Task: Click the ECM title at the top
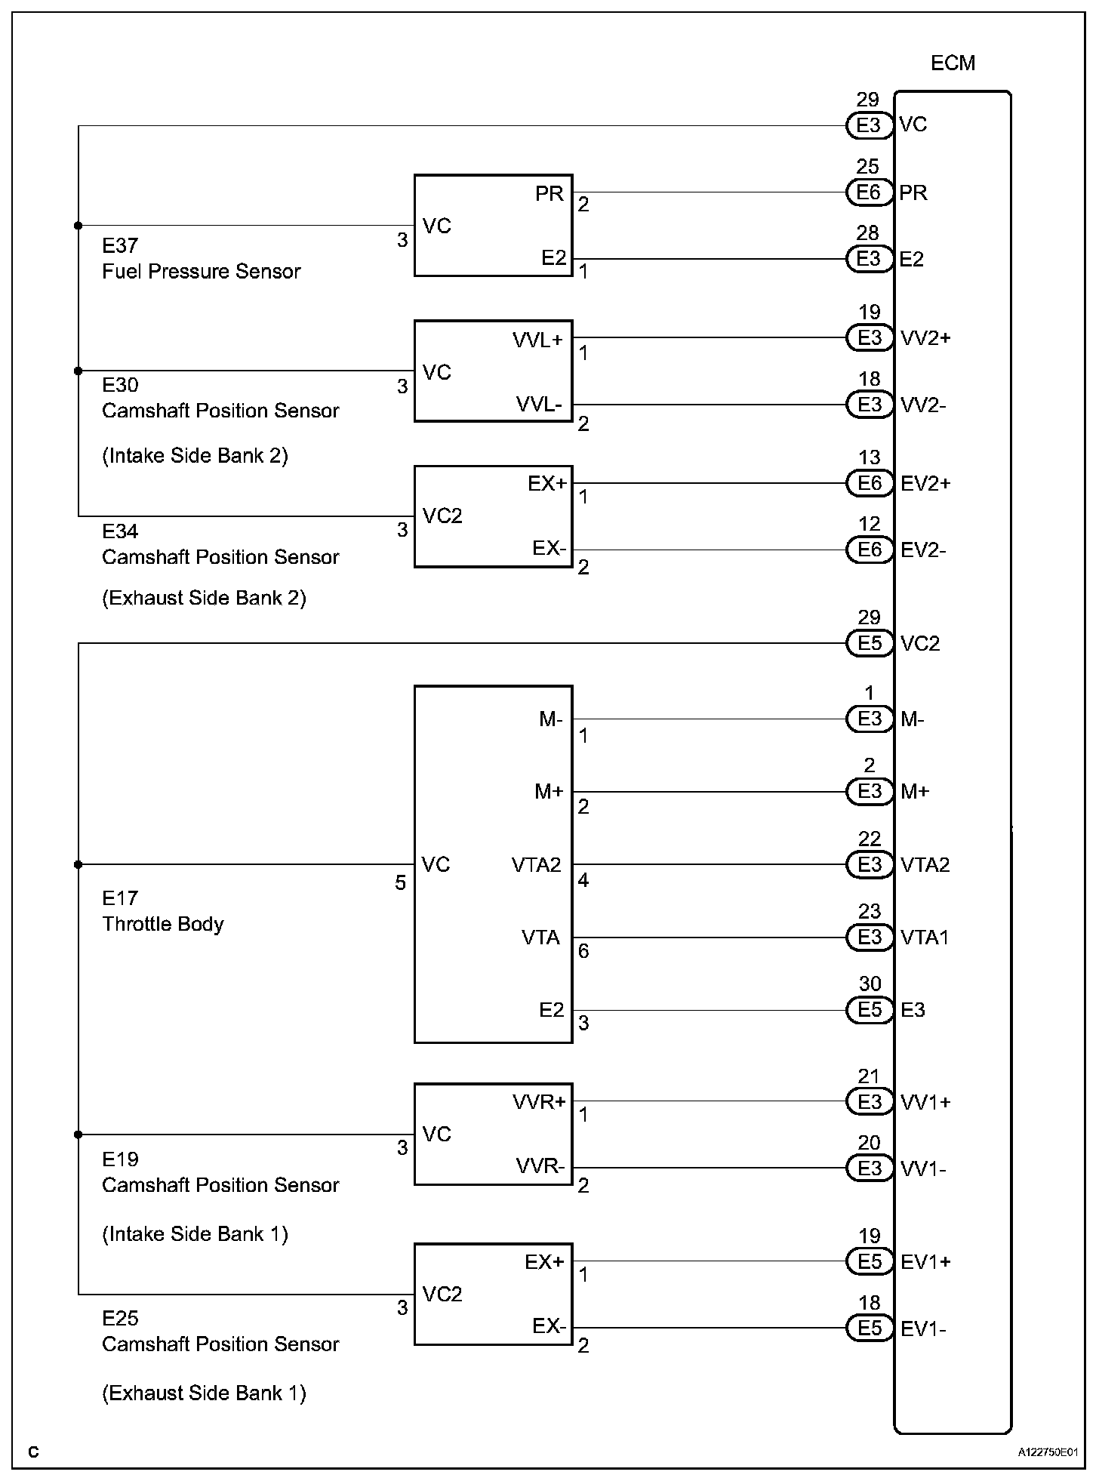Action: pos(953,63)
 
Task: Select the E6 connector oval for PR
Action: pos(869,192)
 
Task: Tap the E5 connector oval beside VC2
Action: pos(870,643)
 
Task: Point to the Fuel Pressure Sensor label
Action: pos(201,272)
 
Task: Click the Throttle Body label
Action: pos(163,924)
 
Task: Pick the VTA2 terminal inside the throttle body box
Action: pos(536,865)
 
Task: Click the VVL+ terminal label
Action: pos(537,340)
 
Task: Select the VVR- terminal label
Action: pos(540,1166)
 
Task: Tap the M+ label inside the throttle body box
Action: pos(549,792)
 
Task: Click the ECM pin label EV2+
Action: pos(925,483)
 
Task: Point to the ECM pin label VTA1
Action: pos(925,938)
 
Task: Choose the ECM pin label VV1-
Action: pos(923,1169)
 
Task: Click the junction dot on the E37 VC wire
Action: pos(78,226)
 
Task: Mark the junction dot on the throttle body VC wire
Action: pos(78,864)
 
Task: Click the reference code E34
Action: pos(120,531)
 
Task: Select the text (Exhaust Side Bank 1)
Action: pos(204,1393)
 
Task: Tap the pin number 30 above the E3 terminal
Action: pos(870,984)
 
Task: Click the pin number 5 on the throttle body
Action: pos(401,882)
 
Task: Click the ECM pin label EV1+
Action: pos(925,1262)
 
